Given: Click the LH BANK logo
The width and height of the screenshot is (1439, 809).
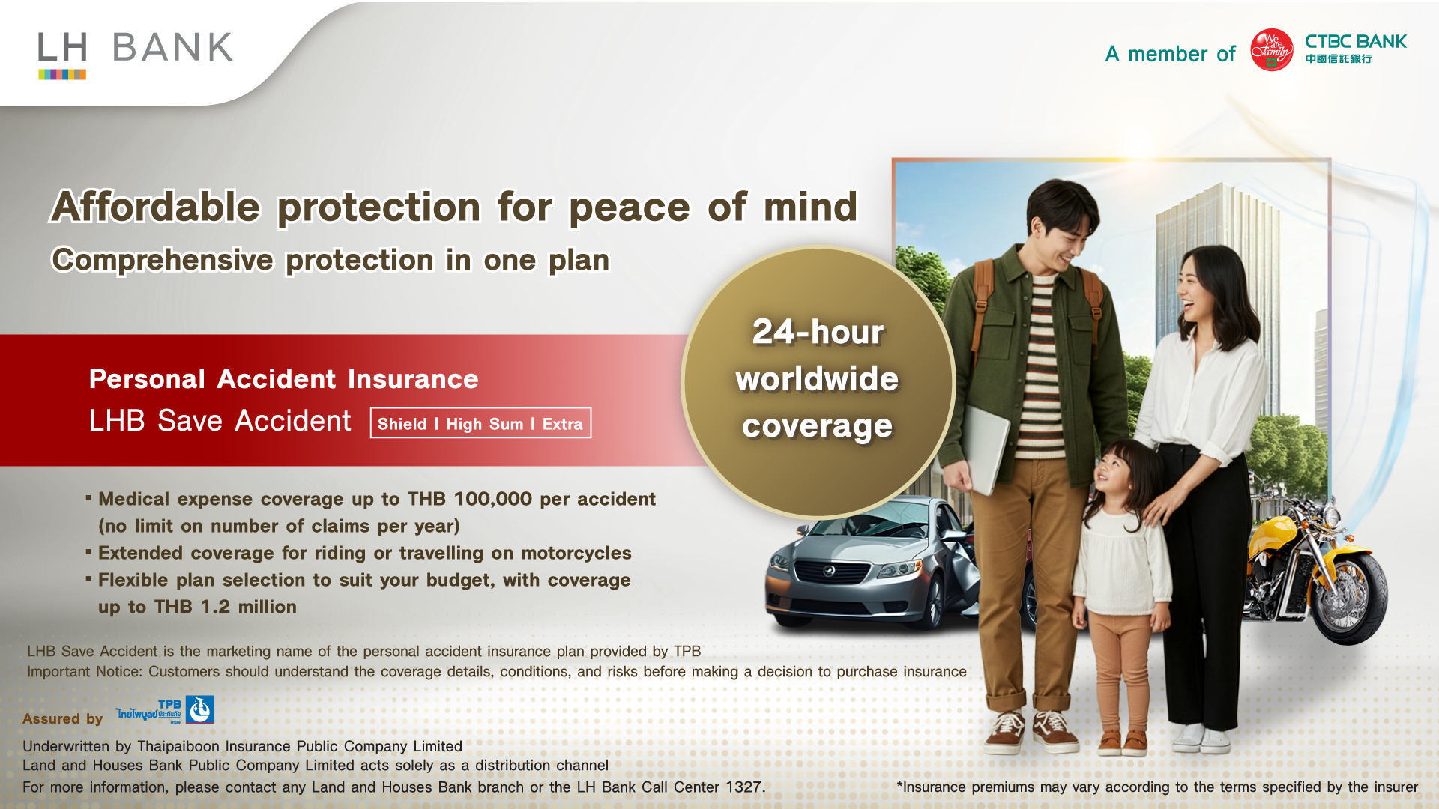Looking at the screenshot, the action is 136,55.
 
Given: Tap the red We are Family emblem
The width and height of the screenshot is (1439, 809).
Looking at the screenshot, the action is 1271,50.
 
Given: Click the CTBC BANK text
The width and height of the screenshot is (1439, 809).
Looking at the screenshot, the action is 1356,42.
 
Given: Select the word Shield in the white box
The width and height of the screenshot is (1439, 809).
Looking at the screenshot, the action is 402,424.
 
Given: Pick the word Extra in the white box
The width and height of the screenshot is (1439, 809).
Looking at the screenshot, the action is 562,424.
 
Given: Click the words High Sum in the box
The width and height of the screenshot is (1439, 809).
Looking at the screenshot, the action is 485,424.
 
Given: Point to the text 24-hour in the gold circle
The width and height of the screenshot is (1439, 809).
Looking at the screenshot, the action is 818,332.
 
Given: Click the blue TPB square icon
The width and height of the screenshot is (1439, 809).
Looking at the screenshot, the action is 199,709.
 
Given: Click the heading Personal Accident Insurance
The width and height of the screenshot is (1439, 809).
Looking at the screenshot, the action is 283,379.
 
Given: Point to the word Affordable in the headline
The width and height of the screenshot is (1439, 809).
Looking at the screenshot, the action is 155,207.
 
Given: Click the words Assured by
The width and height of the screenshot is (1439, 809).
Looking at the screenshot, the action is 62,719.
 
